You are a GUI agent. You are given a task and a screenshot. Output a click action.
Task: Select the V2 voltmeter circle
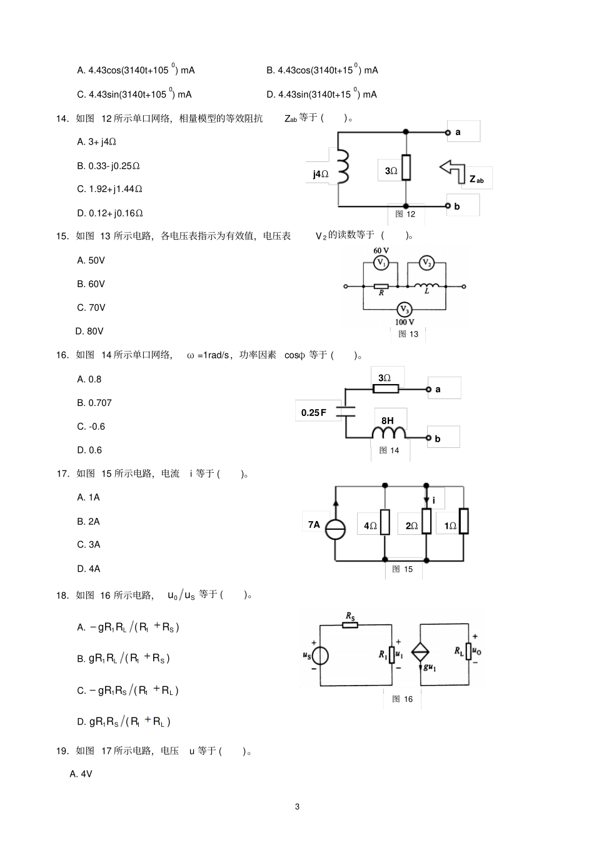point(426,263)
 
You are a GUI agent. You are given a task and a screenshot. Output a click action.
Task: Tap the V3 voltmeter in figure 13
point(405,310)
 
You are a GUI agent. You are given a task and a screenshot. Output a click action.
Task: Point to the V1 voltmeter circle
point(381,263)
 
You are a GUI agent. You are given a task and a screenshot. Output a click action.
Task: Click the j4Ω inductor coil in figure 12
point(342,167)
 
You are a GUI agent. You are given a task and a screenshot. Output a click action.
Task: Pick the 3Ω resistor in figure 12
point(406,167)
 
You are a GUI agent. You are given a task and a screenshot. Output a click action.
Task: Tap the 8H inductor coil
point(389,434)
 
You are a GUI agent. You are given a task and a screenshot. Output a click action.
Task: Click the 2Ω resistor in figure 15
point(426,521)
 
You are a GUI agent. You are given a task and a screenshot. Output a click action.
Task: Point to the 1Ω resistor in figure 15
point(463,521)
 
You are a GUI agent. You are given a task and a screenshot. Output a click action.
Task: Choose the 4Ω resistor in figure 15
point(385,521)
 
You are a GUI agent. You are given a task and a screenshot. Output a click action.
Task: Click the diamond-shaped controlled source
point(421,652)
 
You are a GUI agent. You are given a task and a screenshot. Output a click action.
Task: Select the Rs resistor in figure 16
point(350,625)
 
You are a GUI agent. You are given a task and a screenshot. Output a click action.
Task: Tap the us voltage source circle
point(320,655)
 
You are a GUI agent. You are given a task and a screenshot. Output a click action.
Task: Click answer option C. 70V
point(91,308)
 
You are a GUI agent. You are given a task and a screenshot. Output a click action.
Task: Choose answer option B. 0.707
point(94,403)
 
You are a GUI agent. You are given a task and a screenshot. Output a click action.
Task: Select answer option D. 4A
point(89,569)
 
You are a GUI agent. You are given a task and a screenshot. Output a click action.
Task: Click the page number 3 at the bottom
point(297,806)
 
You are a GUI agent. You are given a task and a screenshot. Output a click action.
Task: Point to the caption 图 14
point(389,450)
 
